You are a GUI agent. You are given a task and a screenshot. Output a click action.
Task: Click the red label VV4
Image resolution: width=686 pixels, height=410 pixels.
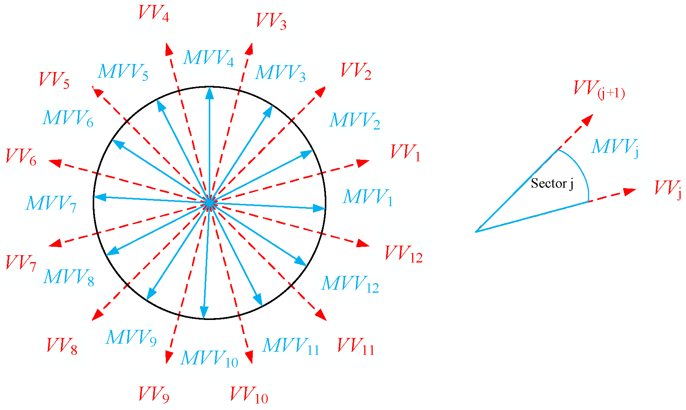pos(154,14)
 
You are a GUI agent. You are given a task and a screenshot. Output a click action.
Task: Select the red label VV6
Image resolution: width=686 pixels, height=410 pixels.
pos(21,157)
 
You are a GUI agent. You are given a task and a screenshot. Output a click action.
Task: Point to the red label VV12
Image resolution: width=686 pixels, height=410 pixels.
pos(404,254)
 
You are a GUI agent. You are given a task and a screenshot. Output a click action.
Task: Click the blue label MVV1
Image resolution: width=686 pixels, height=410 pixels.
pos(368,198)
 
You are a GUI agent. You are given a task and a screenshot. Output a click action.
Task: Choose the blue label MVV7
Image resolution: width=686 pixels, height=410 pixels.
pos(51,203)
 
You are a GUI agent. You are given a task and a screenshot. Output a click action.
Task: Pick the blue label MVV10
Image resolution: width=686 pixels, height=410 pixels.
pos(210,359)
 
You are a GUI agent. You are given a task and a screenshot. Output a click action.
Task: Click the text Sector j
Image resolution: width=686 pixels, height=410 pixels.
pos(552,184)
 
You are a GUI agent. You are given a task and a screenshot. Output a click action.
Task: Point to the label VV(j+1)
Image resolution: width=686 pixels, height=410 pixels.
pos(599,89)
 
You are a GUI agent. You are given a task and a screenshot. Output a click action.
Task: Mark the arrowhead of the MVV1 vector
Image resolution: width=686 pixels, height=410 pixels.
pos(320,208)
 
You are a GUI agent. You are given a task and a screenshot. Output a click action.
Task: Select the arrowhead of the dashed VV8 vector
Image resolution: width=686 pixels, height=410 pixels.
pos(98,315)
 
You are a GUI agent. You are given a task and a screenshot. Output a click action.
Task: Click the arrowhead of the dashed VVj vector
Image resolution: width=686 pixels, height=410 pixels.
pos(630,191)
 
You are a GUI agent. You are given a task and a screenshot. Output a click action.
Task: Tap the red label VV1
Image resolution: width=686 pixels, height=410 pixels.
pos(406,153)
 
